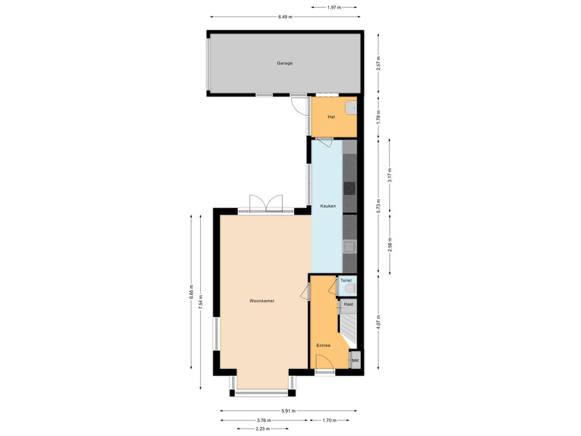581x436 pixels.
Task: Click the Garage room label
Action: click(285, 63)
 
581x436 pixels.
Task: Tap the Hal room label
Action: click(331, 117)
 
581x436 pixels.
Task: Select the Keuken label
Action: click(328, 206)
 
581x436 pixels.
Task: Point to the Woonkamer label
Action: click(262, 301)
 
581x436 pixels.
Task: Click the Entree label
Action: click(323, 345)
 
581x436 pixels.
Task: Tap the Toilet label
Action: click(346, 280)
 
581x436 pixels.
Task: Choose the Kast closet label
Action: click(349, 304)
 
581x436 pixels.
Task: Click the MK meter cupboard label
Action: click(355, 360)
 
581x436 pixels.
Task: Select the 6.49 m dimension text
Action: click(285, 16)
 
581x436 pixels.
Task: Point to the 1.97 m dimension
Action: click(334, 7)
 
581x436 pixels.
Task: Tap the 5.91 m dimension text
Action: click(288, 411)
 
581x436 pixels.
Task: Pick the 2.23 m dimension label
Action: click(263, 429)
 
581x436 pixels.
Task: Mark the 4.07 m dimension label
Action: click(378, 322)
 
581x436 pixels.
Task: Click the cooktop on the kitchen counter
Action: click(350, 188)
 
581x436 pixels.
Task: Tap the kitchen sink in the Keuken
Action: click(350, 246)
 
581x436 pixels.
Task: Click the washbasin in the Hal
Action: click(351, 107)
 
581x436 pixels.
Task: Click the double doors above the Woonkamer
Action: click(266, 203)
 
